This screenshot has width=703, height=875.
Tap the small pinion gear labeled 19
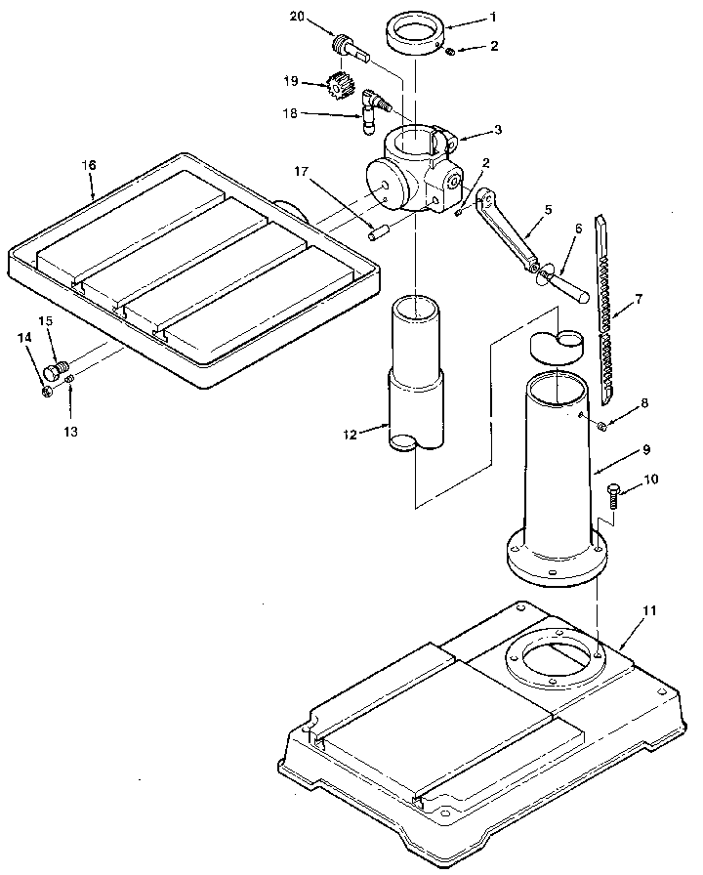pos(340,88)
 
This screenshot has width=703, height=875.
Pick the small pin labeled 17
pos(379,232)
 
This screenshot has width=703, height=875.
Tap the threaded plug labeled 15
pos(59,369)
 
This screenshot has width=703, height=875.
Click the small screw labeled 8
pos(602,425)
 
